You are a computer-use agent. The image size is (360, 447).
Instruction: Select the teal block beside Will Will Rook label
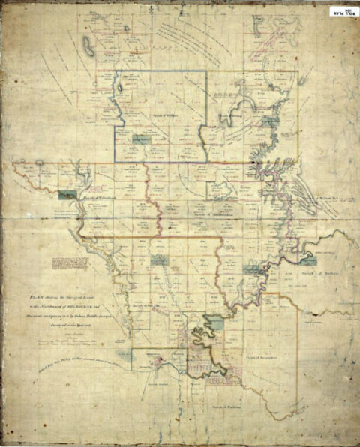click(68, 194)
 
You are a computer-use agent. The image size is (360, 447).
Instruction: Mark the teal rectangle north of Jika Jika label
click(158, 259)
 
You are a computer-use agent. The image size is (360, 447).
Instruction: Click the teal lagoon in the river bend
click(215, 323)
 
